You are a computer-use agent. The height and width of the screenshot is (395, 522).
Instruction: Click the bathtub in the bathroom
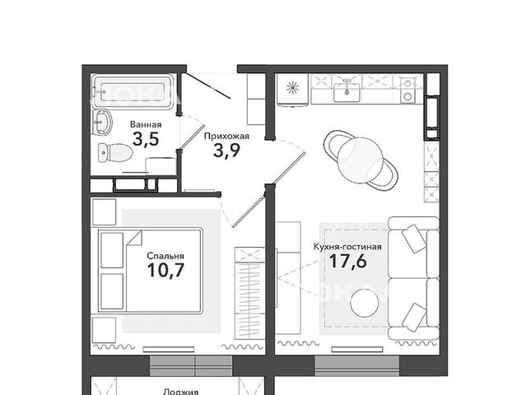pos(133,91)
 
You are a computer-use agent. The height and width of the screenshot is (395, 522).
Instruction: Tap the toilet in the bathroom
pos(115,153)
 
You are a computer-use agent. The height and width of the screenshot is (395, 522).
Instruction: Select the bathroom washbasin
pos(102,123)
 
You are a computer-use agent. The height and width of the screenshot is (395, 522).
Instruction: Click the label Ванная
pos(146,125)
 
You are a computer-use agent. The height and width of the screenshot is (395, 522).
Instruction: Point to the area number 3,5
pos(146,139)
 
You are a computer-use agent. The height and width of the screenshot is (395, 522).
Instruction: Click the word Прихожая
pos(226,136)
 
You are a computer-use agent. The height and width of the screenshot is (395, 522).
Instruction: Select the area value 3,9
pos(226,151)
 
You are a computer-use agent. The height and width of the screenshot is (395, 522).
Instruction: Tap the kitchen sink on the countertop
pos(347,91)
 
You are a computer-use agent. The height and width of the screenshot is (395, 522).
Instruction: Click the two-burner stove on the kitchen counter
pos(408,90)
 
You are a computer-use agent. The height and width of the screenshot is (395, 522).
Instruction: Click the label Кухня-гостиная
pos(347,247)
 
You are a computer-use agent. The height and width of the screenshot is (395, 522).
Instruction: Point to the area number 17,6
pos(348,261)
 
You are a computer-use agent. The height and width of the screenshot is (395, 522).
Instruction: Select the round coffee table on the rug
pos(364,303)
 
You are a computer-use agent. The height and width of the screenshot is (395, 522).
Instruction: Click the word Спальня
pos(165,256)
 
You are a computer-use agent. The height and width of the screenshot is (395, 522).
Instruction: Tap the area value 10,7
pos(165,270)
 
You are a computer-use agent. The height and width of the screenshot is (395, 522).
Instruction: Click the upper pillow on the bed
pos(112,250)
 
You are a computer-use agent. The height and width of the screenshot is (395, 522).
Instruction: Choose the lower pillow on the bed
pos(112,291)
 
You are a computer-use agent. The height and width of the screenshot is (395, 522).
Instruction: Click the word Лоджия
pos(181,392)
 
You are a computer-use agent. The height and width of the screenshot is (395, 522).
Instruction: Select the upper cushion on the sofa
pos(414,239)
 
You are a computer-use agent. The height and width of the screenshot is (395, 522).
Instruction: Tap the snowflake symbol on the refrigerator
pos(293,88)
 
